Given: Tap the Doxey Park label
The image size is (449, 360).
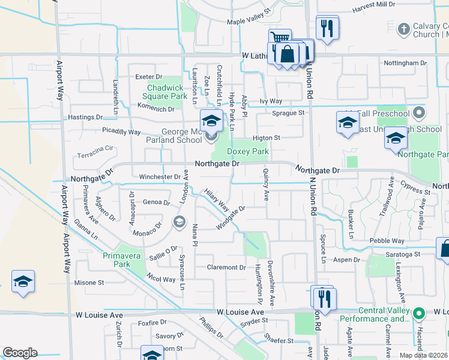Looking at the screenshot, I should click(x=248, y=152).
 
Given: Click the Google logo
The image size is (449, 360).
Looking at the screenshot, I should click(x=20, y=353).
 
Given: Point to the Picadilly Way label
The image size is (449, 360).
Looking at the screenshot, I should click(x=121, y=131).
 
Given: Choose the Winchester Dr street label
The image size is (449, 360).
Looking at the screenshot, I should click(x=160, y=177).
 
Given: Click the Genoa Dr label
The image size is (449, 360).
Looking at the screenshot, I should click(x=156, y=202).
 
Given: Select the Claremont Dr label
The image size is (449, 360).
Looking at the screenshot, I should click(x=226, y=267).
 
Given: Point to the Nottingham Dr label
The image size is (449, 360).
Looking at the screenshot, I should click(x=405, y=62).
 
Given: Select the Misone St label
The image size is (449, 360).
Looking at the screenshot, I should click(x=89, y=283).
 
